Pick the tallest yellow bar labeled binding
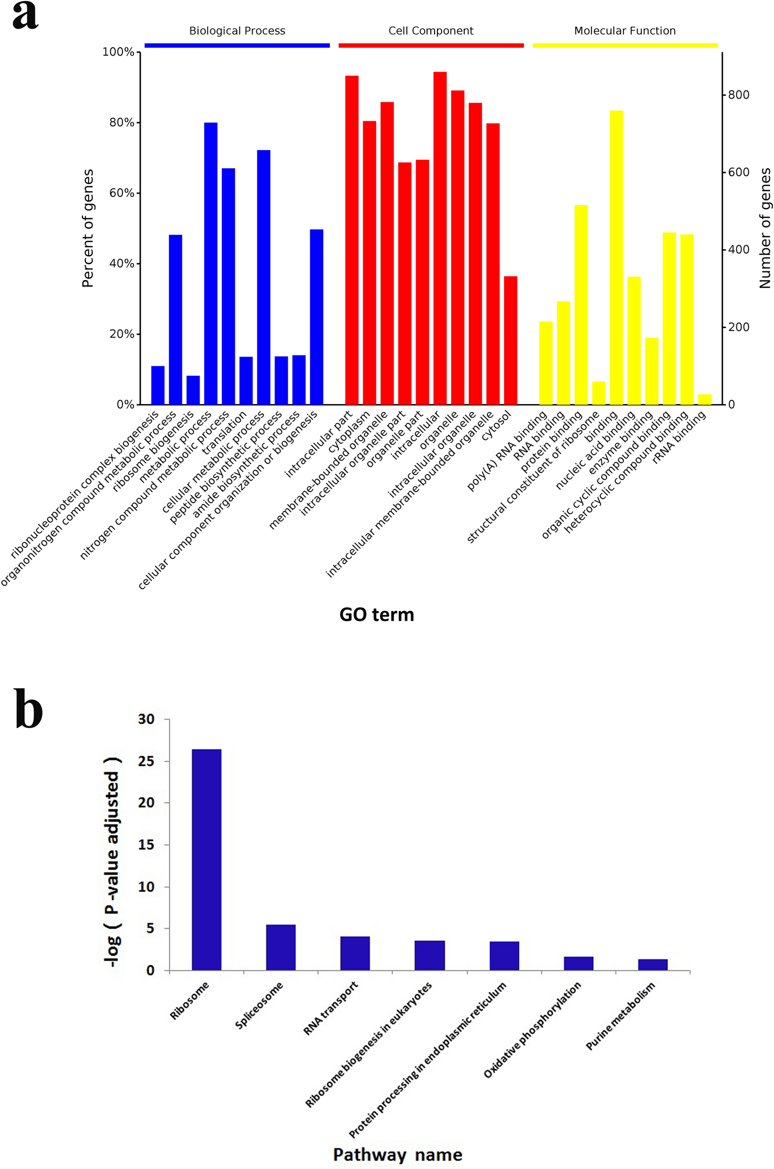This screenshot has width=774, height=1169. pyautogui.click(x=616, y=257)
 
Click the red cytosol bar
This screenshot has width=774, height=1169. pyautogui.click(x=511, y=340)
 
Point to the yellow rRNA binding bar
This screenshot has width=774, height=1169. pyautogui.click(x=704, y=399)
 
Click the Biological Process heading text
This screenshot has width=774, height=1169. pyautogui.click(x=237, y=31)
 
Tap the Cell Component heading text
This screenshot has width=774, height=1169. pyautogui.click(x=430, y=31)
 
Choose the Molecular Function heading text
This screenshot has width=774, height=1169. pyautogui.click(x=625, y=31)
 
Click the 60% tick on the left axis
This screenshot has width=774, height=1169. pyautogui.click(x=122, y=193)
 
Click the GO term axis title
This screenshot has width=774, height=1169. pyautogui.click(x=377, y=615)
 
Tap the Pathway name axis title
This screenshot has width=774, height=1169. pyautogui.click(x=397, y=1155)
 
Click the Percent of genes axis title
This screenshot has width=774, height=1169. pyautogui.click(x=88, y=228)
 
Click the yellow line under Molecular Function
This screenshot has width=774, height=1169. pyautogui.click(x=625, y=45)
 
